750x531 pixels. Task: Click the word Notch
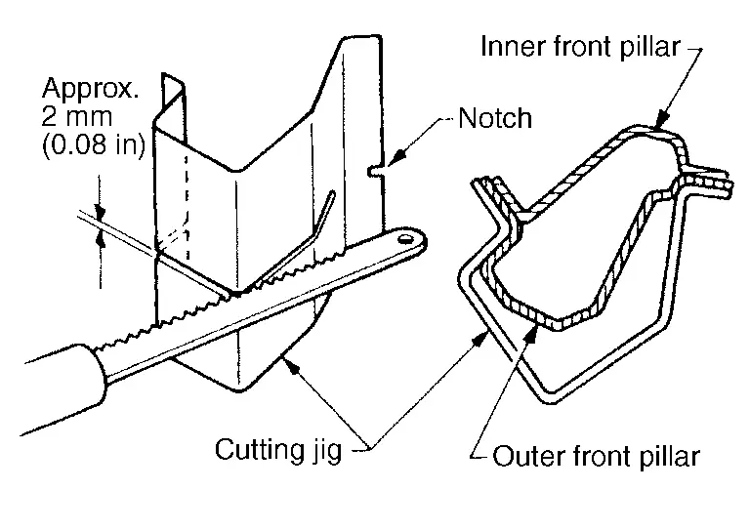point(495,119)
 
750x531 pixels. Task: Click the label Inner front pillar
point(581,47)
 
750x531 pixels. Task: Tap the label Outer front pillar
point(597,456)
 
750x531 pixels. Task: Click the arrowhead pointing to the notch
point(396,155)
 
